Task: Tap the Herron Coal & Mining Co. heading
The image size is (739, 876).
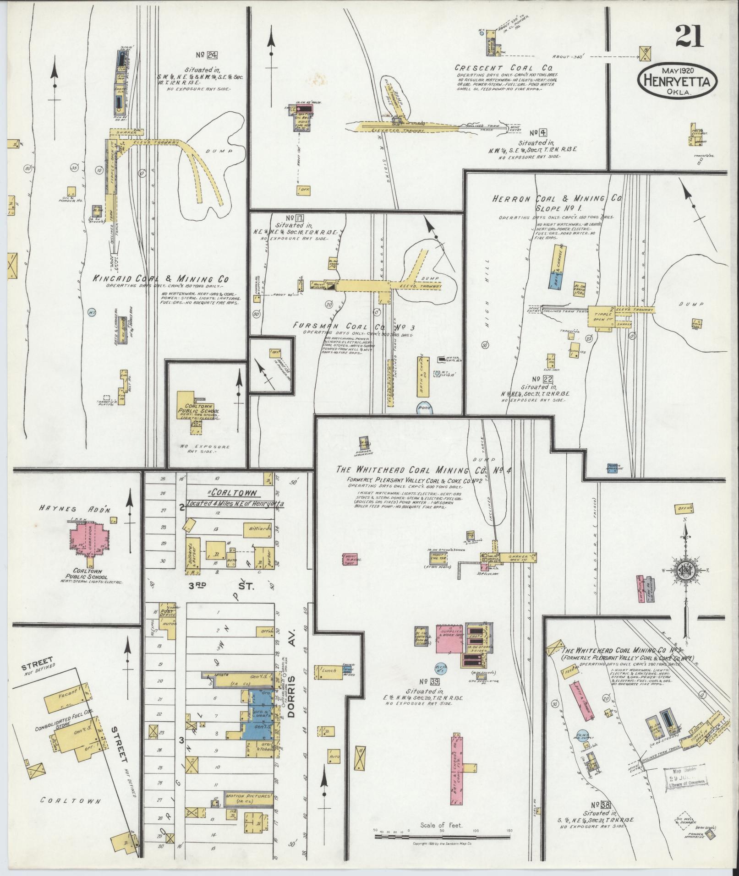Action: pos(557,199)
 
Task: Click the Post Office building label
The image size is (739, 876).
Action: pos(166,614)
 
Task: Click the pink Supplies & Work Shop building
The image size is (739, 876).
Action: pos(447,638)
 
